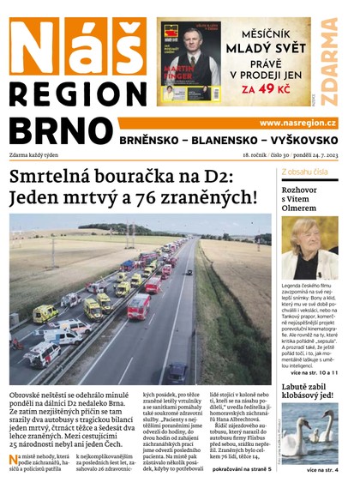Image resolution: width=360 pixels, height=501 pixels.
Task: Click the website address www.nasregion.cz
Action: (297, 123)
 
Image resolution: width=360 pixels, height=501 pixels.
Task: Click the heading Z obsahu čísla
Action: (305, 172)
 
